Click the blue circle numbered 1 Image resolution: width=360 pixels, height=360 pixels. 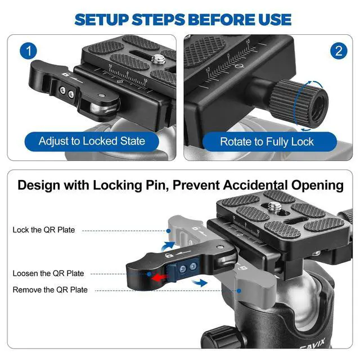28,51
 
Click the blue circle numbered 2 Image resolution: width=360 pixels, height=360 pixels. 339,51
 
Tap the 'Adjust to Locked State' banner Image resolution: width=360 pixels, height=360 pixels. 92,141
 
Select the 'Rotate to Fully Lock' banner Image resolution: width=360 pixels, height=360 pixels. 269,141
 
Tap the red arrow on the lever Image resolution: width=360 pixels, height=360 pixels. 160,278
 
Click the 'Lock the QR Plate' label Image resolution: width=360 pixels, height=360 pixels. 44,230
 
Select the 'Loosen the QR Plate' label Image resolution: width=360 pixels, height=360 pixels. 48,273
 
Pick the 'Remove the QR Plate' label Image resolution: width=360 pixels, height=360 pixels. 50,290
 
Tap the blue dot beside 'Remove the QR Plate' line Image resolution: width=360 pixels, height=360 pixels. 239,291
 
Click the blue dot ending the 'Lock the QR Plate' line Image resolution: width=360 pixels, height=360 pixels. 169,231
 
